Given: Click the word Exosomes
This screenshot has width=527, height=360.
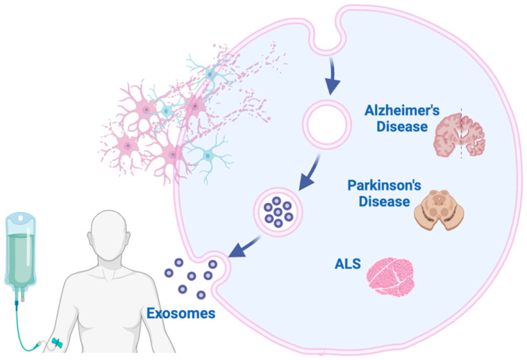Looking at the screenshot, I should click(181, 313).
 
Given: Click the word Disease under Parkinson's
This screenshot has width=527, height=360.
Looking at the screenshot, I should click(382, 202).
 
